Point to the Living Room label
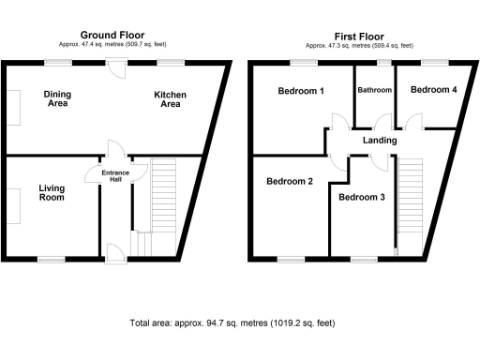[x=52, y=193]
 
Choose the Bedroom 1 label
[x=301, y=91]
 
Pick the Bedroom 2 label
[x=290, y=181]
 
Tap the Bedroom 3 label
[x=362, y=197]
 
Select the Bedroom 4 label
[x=434, y=89]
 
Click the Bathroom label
[x=374, y=90]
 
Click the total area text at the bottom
[x=232, y=322]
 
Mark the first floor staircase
[x=410, y=202]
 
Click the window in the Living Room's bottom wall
[x=52, y=258]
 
